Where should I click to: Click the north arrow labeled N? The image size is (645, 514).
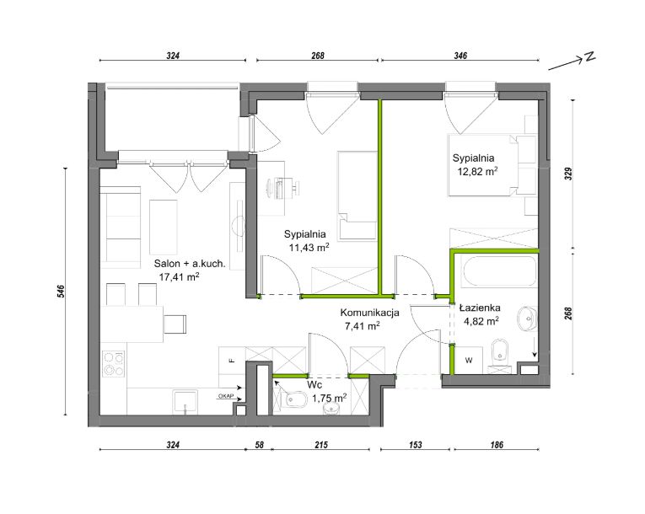coord(572,62)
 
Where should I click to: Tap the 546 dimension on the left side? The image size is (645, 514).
coord(62,292)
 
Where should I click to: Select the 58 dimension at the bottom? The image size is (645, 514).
coord(259,445)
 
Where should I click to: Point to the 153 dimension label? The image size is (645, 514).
coord(416,445)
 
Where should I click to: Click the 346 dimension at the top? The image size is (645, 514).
coord(460,56)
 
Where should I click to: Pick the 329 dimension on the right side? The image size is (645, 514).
coord(568,174)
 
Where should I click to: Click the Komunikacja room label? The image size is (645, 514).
coord(370,313)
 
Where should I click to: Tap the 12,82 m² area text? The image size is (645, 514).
coord(477,171)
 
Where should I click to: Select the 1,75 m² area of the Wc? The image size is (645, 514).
coord(329,398)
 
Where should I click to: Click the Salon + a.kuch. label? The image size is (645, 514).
coord(190,264)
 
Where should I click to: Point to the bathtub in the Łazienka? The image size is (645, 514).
coord(499,271)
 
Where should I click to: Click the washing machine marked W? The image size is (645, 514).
coord(469,360)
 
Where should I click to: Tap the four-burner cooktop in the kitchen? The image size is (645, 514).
coord(114,363)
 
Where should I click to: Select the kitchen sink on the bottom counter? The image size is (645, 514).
coord(185,402)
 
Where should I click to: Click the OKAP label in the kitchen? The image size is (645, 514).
coord(225,396)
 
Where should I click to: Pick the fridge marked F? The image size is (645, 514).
coord(232,361)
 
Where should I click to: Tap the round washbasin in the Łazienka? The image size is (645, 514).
coord(527,319)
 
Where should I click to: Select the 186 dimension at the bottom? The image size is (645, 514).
coord(497,445)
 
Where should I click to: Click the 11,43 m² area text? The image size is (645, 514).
coord(309,248)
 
